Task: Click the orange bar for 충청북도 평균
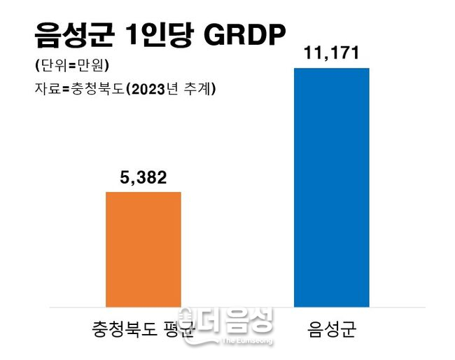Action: coord(143,249)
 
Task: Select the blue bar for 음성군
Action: coord(331,187)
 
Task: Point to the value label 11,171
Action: coord(331,54)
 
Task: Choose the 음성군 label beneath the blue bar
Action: coord(332,329)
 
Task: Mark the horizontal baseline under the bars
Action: coord(238,307)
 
